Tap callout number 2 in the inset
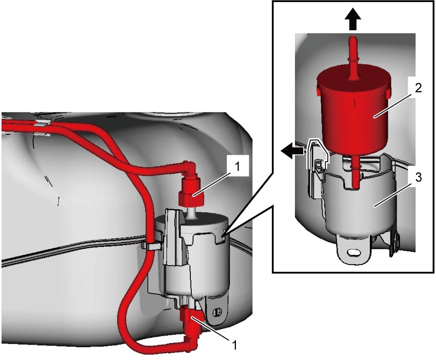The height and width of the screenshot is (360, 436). [x=418, y=88]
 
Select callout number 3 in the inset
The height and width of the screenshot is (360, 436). [x=418, y=177]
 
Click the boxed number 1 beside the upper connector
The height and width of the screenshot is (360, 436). [x=237, y=167]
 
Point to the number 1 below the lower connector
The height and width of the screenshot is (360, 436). [x=234, y=345]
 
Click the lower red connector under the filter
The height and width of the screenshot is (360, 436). [x=190, y=319]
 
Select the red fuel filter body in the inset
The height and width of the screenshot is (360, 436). [x=354, y=108]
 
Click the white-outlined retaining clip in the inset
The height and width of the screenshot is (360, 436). [x=317, y=154]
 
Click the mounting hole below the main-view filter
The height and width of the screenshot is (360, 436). [x=217, y=312]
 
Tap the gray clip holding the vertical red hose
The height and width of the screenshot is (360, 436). [x=151, y=246]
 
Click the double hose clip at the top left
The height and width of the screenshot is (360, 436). [x=43, y=128]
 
